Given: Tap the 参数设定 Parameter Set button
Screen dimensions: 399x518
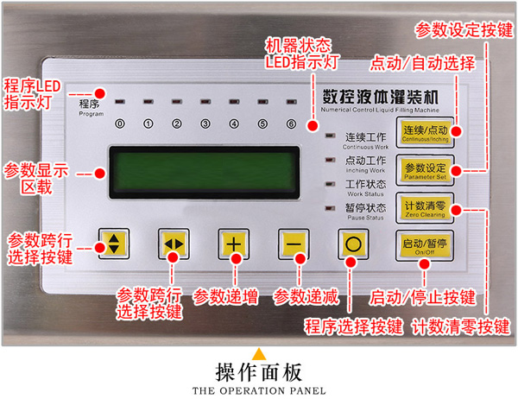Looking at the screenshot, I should coord(424,169).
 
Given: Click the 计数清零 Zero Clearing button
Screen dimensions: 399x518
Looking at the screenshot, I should coord(424,208).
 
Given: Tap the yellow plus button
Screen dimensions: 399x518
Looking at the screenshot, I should coord(233,244).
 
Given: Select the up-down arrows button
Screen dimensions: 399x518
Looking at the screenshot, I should coord(114,243).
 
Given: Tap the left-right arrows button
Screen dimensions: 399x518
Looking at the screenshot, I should coord(174,244).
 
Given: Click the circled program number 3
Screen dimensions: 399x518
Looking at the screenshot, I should coord(205,123).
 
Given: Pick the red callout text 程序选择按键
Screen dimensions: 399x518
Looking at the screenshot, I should coord(354,326).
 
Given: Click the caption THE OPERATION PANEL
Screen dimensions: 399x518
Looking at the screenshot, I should coord(259,389).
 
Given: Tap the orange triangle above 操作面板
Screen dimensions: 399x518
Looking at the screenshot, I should coord(258,353).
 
